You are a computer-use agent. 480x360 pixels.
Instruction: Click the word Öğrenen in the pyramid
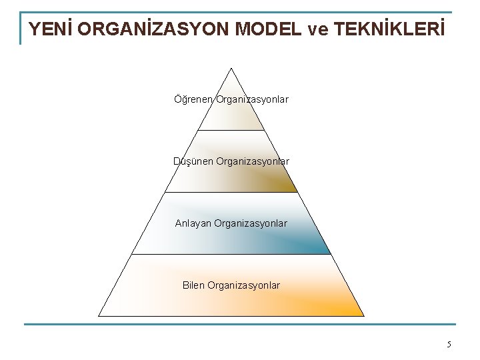click(x=192, y=99)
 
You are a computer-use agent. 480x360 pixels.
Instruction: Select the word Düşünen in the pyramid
click(x=191, y=161)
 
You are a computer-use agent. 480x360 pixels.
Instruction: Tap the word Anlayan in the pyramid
click(x=193, y=223)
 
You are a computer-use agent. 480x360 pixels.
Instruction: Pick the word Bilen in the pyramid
click(x=195, y=285)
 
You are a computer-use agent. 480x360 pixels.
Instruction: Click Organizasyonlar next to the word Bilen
click(x=244, y=285)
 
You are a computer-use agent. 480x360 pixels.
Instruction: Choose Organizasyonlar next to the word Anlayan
click(x=250, y=223)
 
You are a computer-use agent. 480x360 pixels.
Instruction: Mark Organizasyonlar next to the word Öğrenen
click(x=252, y=99)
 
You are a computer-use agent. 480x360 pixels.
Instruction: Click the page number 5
click(x=449, y=344)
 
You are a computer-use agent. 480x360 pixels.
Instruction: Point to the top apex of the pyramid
click(x=231, y=68)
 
